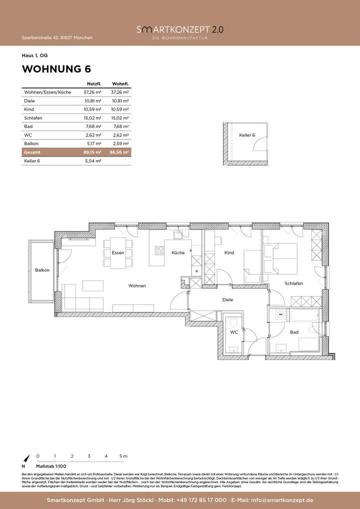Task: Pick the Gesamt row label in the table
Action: coord(31,152)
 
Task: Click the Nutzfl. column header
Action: coord(94,83)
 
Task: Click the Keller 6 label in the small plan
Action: coord(246,135)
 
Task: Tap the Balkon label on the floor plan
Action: coord(42,270)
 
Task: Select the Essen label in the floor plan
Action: coord(118,253)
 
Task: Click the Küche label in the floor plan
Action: coord(178,253)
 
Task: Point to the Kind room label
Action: coord(229,253)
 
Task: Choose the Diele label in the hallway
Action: coord(228,300)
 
